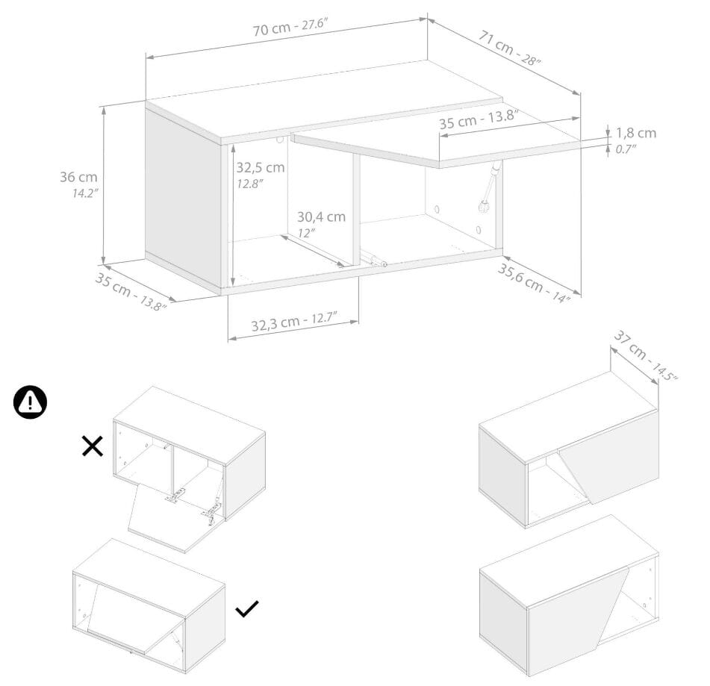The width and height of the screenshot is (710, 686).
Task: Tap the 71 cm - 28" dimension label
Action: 509,48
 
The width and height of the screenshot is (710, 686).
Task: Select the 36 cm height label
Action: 79,177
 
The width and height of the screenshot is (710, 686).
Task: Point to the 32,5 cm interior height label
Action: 261,167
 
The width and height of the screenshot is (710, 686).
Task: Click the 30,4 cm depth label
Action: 321,217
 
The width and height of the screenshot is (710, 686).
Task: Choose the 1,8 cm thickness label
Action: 636,133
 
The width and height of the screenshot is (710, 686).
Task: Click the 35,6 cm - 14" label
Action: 533,283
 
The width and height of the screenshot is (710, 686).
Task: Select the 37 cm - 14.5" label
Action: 645,356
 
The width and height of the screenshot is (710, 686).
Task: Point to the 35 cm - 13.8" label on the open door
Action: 479,119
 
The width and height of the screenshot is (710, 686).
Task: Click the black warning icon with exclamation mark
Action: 30,402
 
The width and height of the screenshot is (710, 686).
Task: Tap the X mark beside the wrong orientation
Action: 93,446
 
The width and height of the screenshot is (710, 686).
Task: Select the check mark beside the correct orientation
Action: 247,608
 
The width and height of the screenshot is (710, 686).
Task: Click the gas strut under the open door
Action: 490,187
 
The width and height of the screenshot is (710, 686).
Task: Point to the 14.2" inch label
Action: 85,193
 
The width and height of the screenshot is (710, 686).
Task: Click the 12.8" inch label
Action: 250,184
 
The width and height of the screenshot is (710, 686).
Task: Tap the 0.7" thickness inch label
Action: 626,149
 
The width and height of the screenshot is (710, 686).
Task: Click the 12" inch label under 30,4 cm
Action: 307,233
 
